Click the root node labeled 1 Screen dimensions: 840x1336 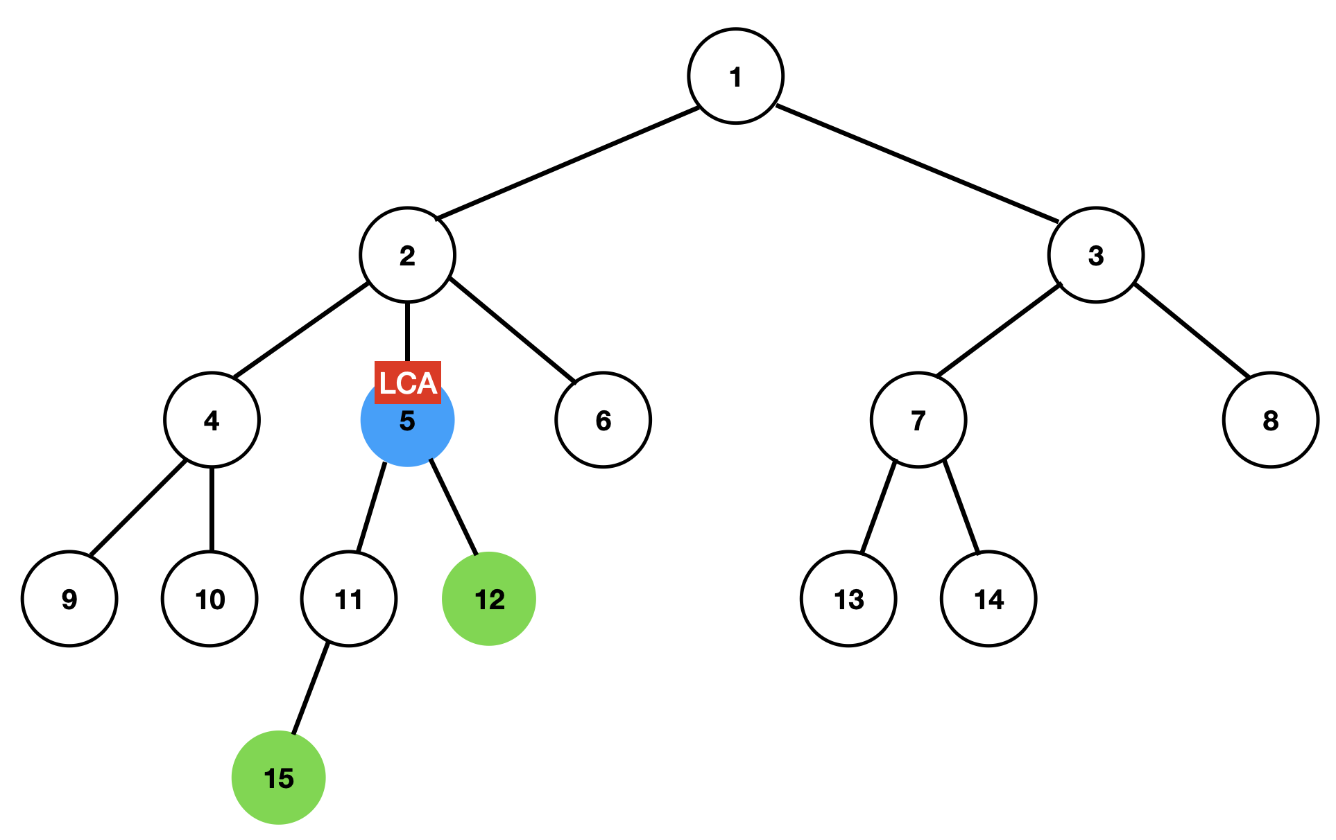pos(735,76)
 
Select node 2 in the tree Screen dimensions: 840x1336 pos(407,255)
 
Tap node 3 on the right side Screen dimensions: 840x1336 pos(1095,255)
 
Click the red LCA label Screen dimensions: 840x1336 pos(407,382)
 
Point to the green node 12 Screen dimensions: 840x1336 pos(489,599)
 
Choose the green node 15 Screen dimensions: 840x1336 pos(279,778)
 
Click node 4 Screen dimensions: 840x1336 pos(212,420)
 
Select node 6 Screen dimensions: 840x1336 pos(603,420)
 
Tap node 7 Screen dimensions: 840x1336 pos(918,420)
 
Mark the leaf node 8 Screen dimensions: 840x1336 pos(1270,420)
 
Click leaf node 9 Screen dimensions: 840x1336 pos(69,599)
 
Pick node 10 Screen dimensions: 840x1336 pos(209,599)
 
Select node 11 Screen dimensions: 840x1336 pos(349,599)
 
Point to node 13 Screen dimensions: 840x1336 pos(848,599)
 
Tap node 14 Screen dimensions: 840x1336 pos(988,599)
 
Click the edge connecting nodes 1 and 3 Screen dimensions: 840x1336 pos(916,164)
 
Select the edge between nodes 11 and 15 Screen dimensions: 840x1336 pos(310,688)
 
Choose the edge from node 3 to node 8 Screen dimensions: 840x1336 pos(1191,330)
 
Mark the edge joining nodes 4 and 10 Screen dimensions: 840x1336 pos(212,509)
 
